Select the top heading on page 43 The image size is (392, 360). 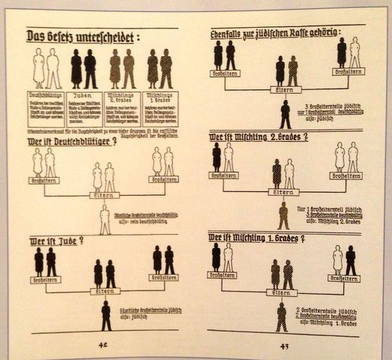tap(274, 33)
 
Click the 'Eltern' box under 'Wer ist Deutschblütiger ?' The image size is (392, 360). tap(104, 195)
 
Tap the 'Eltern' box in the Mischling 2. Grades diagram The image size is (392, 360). tap(282, 191)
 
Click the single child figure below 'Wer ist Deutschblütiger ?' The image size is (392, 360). tap(105, 218)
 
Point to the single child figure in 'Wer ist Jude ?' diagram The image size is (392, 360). tap(106, 315)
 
